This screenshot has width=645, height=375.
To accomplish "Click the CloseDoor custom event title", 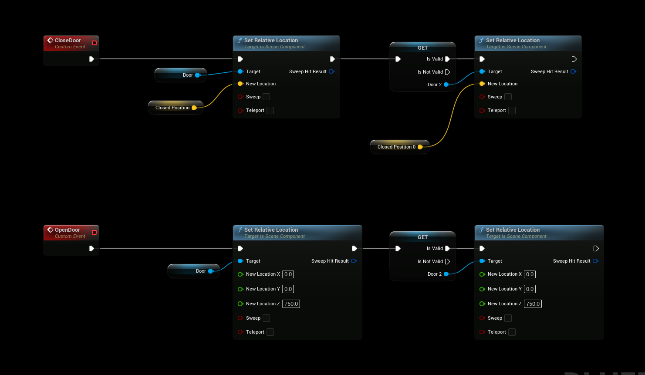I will [x=68, y=41].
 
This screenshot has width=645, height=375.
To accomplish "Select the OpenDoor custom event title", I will [x=67, y=230].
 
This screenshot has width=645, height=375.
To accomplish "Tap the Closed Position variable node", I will [x=172, y=108].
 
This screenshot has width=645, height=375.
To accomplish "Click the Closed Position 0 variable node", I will [x=396, y=147].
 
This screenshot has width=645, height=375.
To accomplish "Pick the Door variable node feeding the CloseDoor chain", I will [x=188, y=75].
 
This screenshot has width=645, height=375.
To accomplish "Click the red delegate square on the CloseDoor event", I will [x=94, y=43].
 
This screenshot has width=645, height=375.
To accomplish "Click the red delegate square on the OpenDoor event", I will [x=94, y=233].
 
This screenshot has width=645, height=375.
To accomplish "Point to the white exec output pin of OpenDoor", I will [x=91, y=248].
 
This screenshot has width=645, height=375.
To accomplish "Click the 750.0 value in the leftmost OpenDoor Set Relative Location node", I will [x=291, y=304].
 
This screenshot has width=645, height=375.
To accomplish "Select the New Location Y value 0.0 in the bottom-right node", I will [x=530, y=289].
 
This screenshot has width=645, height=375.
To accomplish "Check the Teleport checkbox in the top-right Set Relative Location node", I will [x=512, y=111].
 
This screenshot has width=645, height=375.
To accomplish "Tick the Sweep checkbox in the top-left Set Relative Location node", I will [x=267, y=97].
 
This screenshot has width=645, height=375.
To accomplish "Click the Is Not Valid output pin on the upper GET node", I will [x=447, y=72].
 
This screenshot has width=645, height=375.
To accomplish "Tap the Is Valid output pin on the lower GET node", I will [x=447, y=248].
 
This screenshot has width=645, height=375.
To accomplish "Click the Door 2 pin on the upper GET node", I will [x=446, y=84].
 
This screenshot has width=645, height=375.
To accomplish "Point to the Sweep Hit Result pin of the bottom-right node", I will [x=595, y=261].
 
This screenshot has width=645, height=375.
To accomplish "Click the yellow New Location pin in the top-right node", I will [x=482, y=84].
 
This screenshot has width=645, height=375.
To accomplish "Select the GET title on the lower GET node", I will [x=422, y=237].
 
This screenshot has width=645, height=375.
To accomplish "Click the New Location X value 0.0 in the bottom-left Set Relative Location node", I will [x=288, y=274].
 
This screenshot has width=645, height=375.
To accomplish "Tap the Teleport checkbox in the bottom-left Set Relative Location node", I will [x=270, y=332].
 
